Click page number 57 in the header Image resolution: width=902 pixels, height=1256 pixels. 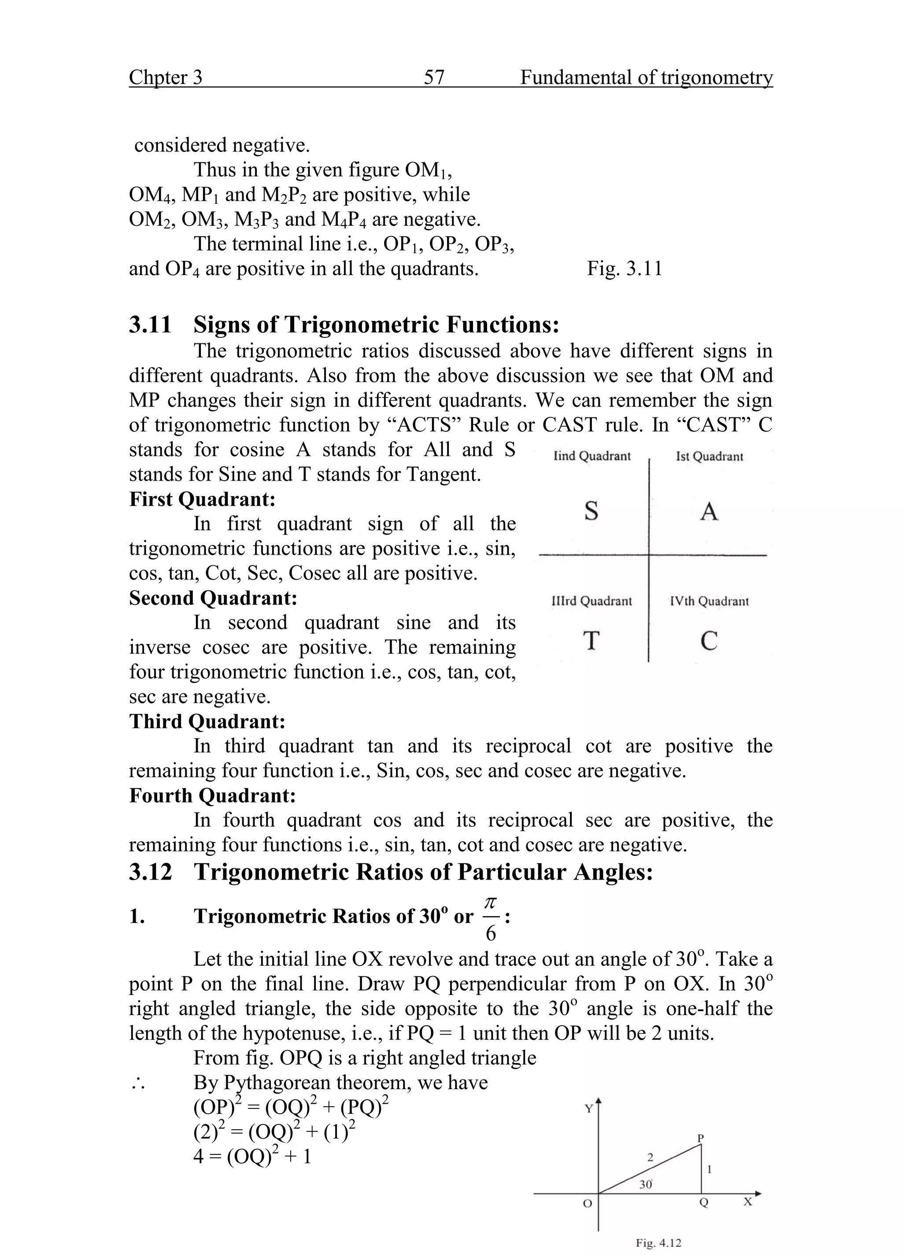(434, 77)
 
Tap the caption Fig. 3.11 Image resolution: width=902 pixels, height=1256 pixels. (625, 269)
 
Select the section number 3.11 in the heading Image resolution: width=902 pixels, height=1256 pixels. (150, 324)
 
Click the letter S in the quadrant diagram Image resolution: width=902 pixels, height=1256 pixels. (591, 511)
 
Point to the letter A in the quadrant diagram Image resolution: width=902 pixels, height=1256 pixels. (709, 511)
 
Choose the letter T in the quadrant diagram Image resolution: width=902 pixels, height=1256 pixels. (591, 641)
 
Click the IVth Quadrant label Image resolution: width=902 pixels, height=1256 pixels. (709, 601)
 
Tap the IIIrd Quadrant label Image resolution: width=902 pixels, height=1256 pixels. (592, 601)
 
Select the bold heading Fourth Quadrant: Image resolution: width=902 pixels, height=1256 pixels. (212, 796)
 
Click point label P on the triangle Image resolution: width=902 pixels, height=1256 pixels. (700, 1138)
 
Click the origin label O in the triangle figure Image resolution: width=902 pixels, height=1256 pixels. (588, 1203)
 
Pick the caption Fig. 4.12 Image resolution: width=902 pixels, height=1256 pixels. (658, 1243)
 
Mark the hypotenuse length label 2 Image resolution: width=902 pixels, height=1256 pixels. (650, 1157)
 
